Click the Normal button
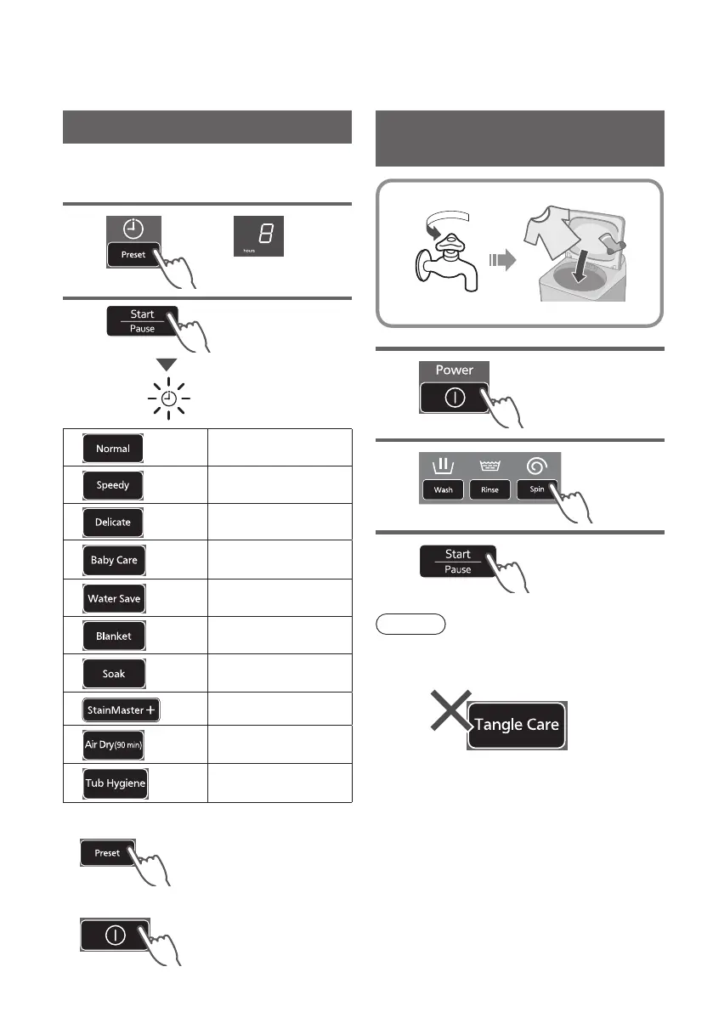click(113, 448)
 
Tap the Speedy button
click(113, 485)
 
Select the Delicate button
click(113, 522)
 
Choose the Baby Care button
click(114, 561)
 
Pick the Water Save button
click(114, 598)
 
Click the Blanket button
click(113, 636)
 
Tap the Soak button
click(113, 673)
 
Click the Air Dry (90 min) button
click(115, 745)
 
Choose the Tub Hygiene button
click(116, 783)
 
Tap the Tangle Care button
click(517, 725)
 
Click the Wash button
click(443, 490)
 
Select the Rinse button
click(489, 490)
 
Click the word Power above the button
click(454, 370)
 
